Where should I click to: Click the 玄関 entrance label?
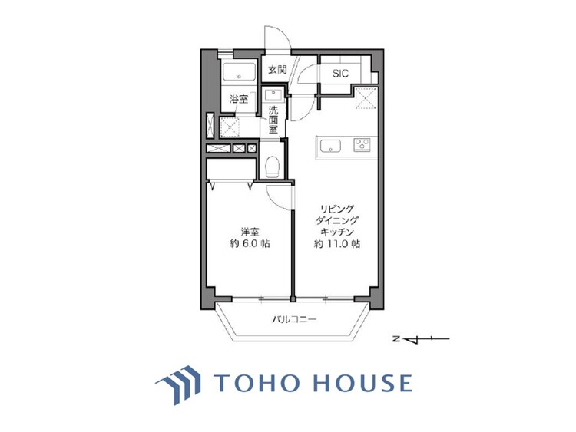[276, 70]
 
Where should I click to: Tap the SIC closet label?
[340, 74]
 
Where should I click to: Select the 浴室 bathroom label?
[238, 99]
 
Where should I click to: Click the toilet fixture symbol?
[271, 166]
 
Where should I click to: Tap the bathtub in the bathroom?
[239, 75]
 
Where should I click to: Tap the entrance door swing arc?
[276, 40]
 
